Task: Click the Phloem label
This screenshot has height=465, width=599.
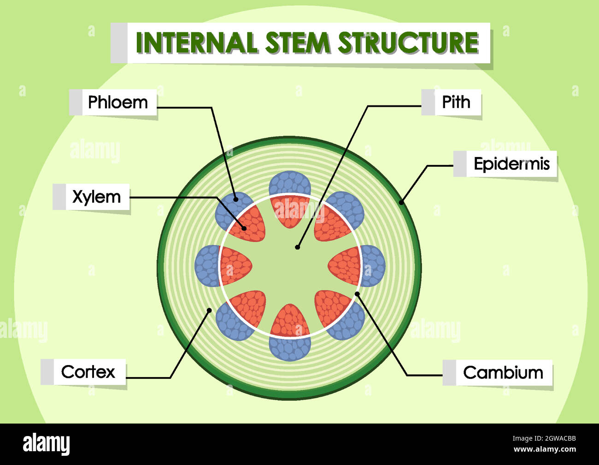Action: pyautogui.click(x=118, y=102)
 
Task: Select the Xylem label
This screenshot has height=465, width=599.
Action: pyautogui.click(x=96, y=197)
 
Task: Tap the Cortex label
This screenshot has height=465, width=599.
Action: pyautogui.click(x=88, y=372)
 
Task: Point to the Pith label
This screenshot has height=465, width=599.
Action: pyautogui.click(x=456, y=102)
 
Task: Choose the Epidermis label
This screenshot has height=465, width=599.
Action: pyautogui.click(x=511, y=163)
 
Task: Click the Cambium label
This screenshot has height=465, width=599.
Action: pyautogui.click(x=503, y=372)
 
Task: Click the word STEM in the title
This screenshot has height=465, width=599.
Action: pyautogui.click(x=298, y=42)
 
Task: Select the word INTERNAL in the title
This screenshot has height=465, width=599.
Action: pyautogui.click(x=196, y=42)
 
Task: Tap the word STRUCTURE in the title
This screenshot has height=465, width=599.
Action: pyautogui.click(x=408, y=42)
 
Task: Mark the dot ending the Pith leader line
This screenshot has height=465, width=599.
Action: pyautogui.click(x=297, y=247)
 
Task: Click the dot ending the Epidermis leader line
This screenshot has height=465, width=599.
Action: pyautogui.click(x=401, y=202)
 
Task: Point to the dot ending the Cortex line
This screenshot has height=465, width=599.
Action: pyautogui.click(x=209, y=310)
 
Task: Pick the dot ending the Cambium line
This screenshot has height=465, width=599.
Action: pyautogui.click(x=357, y=293)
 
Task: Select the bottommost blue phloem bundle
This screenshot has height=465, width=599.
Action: pyautogui.click(x=290, y=349)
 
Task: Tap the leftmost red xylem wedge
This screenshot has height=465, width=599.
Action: pyautogui.click(x=235, y=266)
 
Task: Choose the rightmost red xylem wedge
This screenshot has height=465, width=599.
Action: pyautogui.click(x=345, y=266)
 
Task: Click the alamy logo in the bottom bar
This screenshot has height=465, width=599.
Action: pyautogui.click(x=46, y=444)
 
